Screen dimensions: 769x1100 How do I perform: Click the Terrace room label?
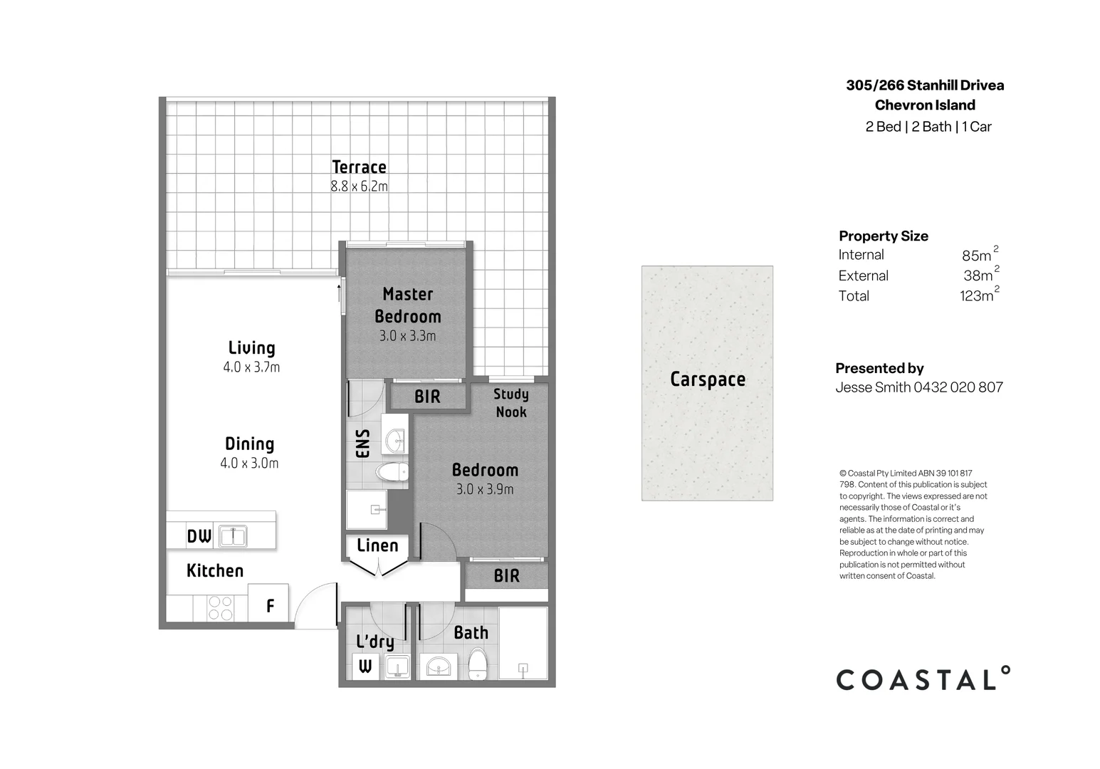(x=359, y=167)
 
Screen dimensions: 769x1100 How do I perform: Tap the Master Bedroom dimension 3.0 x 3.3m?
(x=407, y=336)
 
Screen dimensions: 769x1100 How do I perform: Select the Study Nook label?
(x=511, y=403)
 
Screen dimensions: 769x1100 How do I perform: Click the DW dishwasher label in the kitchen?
(x=199, y=536)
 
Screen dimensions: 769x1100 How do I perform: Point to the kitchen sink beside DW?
(x=233, y=536)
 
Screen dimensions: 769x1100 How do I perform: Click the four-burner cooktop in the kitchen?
(x=220, y=607)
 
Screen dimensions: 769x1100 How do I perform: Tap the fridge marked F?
(x=270, y=606)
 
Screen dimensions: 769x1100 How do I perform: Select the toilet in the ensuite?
(x=392, y=471)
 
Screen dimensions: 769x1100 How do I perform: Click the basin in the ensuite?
(x=395, y=441)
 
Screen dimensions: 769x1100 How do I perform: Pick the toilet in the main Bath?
(x=477, y=664)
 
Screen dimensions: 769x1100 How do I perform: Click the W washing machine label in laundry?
(x=365, y=667)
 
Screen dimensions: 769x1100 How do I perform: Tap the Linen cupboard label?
(x=377, y=545)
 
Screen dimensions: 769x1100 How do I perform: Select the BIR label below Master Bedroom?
(x=427, y=397)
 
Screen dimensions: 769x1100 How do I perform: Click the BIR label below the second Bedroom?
(x=506, y=575)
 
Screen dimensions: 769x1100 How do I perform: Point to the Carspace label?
(x=707, y=380)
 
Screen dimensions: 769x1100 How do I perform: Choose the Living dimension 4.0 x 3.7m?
(x=251, y=367)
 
